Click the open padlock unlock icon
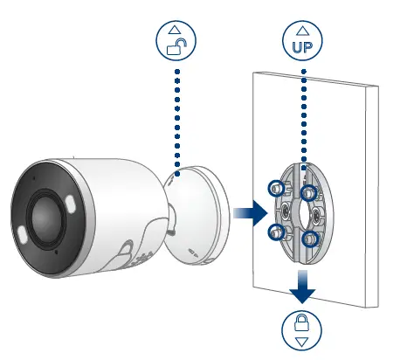(x=177, y=47)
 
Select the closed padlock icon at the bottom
(x=301, y=323)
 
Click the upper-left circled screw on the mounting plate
(x=275, y=187)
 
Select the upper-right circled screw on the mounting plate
(x=307, y=192)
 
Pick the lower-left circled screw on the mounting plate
(x=277, y=232)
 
